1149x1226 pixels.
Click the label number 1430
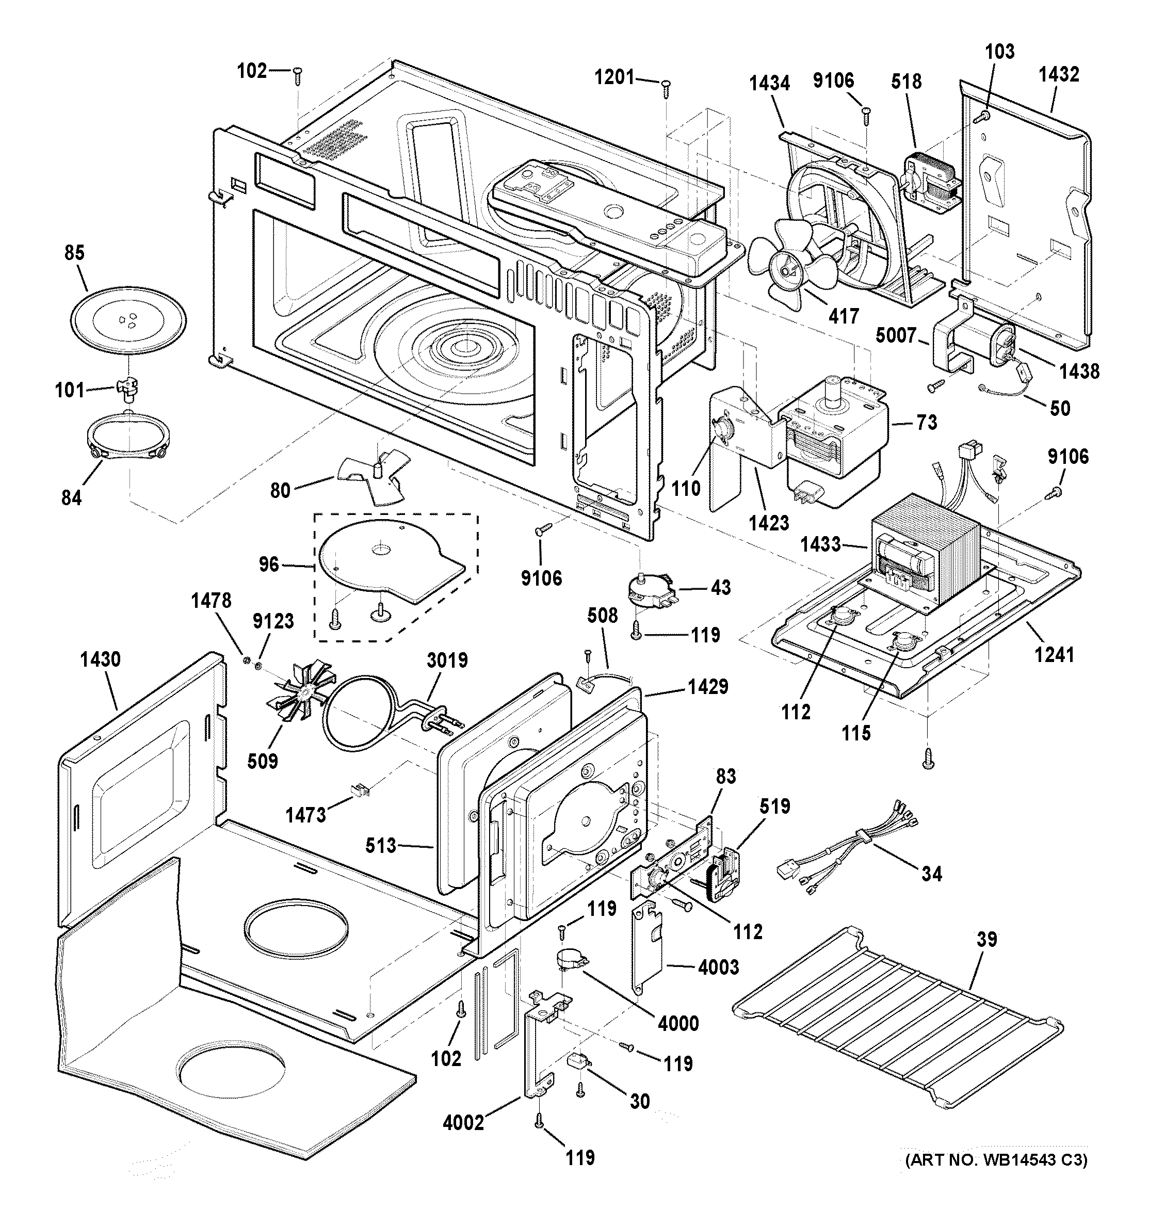point(100,659)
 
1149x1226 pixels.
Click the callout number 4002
point(463,1122)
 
